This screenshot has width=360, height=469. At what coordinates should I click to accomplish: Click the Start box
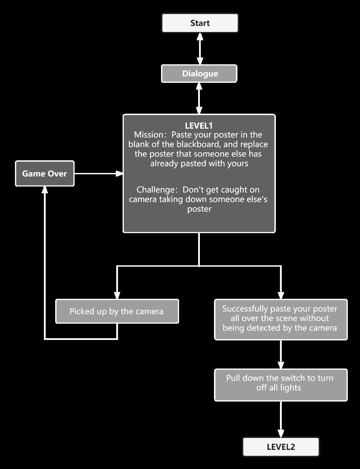click(x=200, y=23)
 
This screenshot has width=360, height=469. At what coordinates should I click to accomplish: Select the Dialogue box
click(x=199, y=73)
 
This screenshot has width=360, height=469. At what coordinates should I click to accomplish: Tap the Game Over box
click(x=44, y=173)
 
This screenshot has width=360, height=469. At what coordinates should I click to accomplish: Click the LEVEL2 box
click(x=281, y=447)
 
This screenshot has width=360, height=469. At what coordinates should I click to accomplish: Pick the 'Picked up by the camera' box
click(x=117, y=311)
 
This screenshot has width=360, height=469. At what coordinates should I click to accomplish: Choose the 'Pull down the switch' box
click(x=280, y=384)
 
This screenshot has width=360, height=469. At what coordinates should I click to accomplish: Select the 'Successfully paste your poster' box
click(x=280, y=319)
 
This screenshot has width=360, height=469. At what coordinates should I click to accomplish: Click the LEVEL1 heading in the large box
click(x=199, y=126)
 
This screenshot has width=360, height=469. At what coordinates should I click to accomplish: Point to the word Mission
click(x=148, y=135)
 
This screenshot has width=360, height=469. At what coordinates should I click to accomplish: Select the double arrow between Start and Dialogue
click(x=200, y=48)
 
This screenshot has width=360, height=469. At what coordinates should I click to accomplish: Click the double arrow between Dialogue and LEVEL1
click(x=199, y=98)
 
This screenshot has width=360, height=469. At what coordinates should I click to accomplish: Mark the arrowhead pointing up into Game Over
click(x=44, y=191)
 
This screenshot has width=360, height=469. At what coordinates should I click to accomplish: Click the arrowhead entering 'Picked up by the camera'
click(x=117, y=295)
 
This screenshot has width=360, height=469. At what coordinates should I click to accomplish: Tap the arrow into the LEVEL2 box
click(x=281, y=420)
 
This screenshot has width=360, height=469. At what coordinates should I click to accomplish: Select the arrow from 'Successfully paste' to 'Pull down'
click(x=281, y=354)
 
